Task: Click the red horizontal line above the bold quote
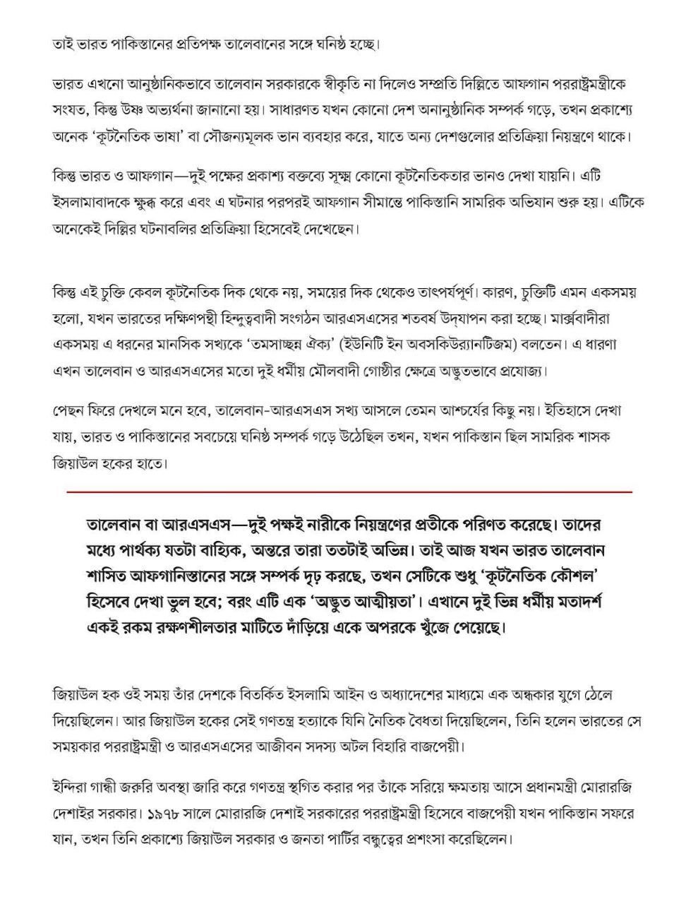click(349, 491)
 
